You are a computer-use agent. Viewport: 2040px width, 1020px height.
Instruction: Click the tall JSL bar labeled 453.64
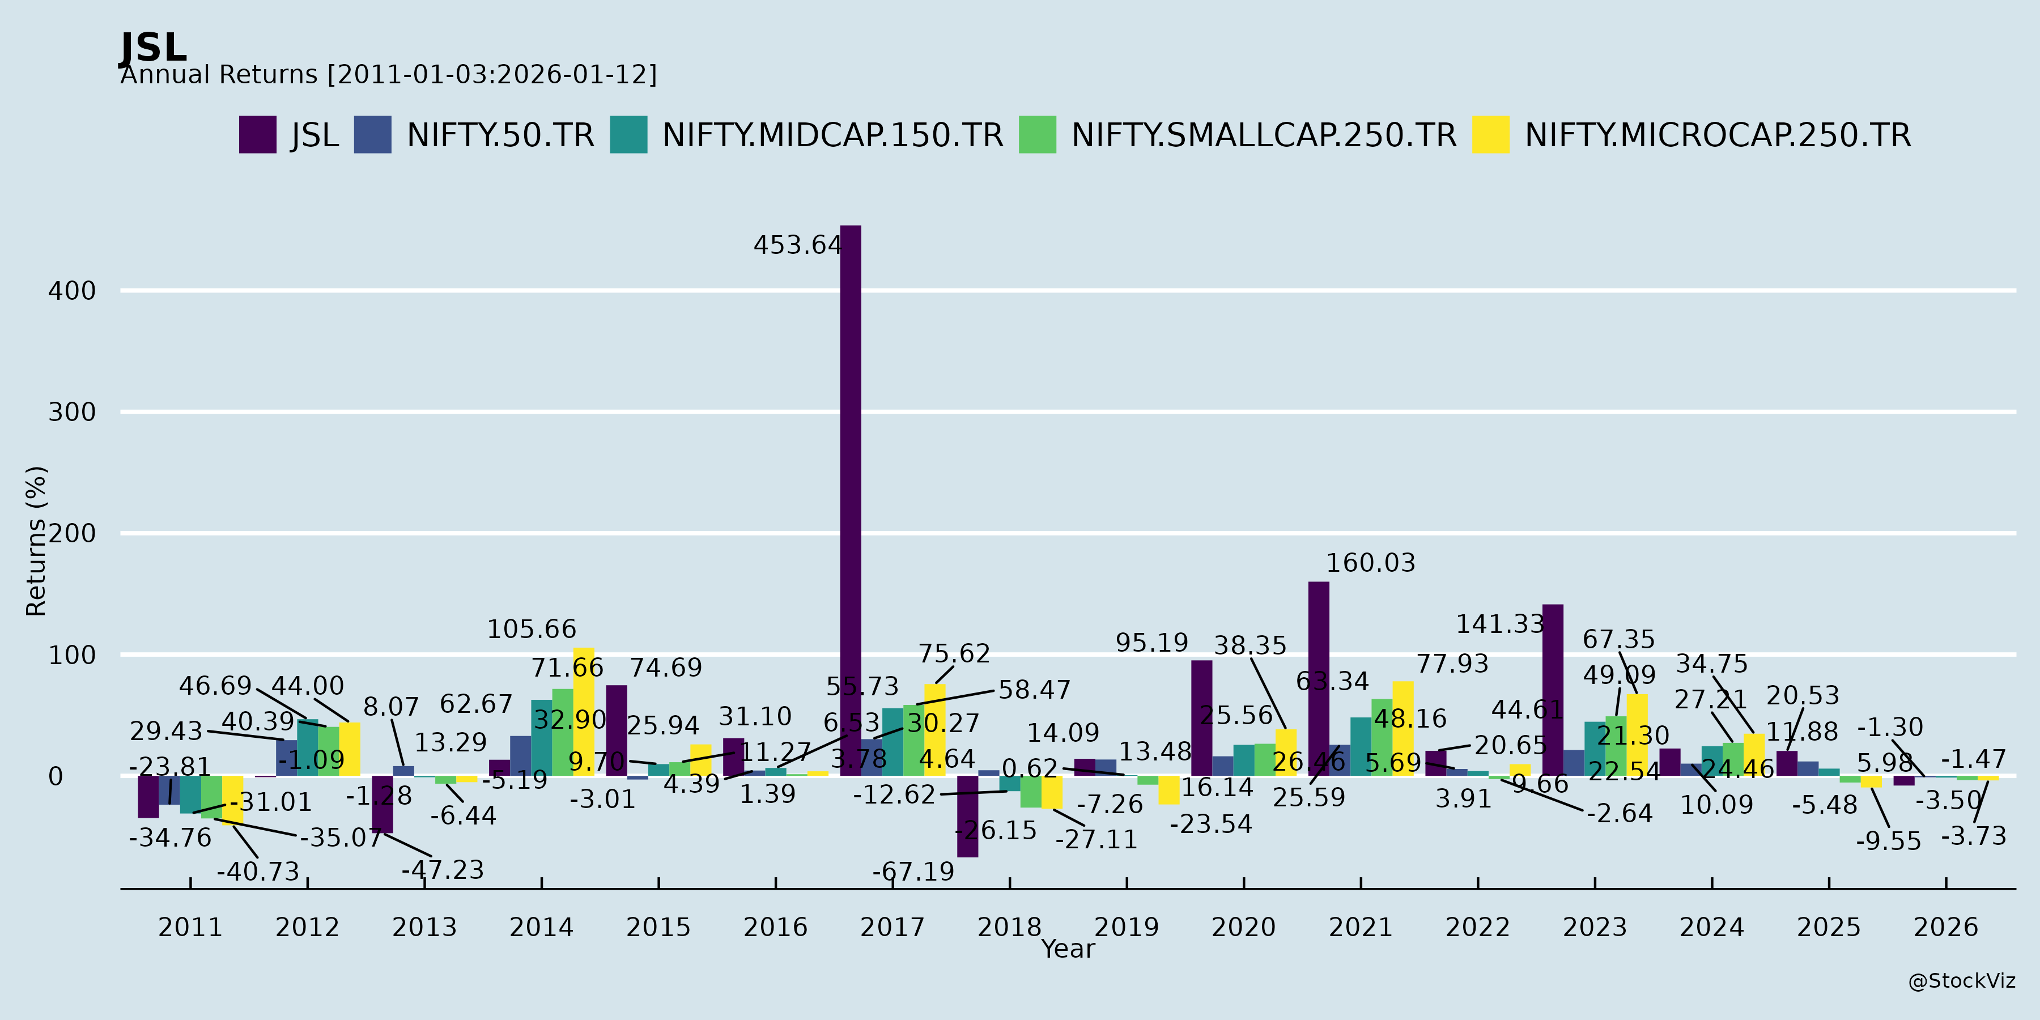pyautogui.click(x=851, y=499)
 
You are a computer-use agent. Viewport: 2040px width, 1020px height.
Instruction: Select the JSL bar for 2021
pyautogui.click(x=1319, y=679)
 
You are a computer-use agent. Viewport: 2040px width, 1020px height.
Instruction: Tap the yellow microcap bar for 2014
pyautogui.click(x=584, y=711)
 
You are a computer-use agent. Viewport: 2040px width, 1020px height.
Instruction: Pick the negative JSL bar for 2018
pyautogui.click(x=968, y=815)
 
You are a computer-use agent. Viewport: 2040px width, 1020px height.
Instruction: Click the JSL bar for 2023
pyautogui.click(x=1553, y=690)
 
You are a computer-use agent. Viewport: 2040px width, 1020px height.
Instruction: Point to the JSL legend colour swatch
pyautogui.click(x=257, y=135)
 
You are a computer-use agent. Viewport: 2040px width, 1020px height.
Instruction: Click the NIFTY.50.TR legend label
pyautogui.click(x=500, y=135)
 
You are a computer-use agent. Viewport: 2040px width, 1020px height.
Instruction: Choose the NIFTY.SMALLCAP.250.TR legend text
pyautogui.click(x=1264, y=135)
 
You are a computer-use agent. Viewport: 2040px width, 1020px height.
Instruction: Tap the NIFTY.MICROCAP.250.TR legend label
pyautogui.click(x=1718, y=135)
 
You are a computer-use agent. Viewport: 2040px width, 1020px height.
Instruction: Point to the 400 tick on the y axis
pyautogui.click(x=72, y=291)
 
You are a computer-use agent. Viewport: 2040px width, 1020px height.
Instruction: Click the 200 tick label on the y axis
pyautogui.click(x=72, y=534)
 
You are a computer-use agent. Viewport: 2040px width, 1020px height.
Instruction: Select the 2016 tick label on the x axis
pyautogui.click(x=775, y=926)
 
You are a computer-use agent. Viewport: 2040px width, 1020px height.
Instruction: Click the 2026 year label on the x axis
pyautogui.click(x=1946, y=926)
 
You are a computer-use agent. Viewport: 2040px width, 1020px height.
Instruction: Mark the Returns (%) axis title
pyautogui.click(x=36, y=541)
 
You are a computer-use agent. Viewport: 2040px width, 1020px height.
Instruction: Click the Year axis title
pyautogui.click(x=1068, y=949)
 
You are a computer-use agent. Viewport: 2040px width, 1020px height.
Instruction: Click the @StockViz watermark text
pyautogui.click(x=1962, y=981)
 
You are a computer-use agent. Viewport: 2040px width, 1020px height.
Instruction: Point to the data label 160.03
pyautogui.click(x=1371, y=563)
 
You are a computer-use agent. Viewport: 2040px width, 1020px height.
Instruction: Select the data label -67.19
pyautogui.click(x=913, y=872)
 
